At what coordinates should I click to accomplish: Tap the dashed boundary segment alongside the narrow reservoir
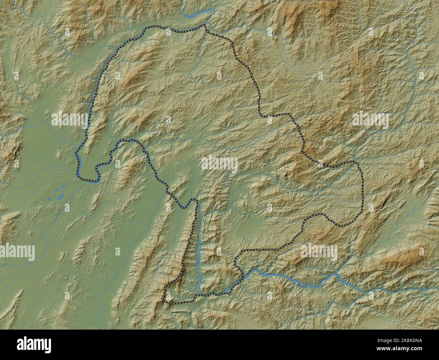[x=190, y=243]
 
